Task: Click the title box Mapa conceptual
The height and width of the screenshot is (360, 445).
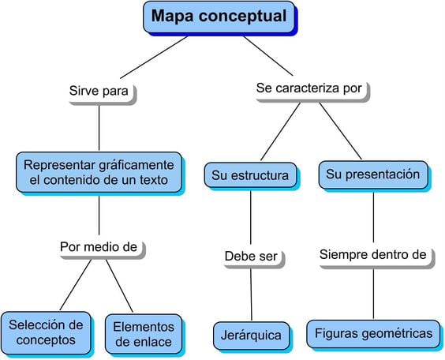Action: pos(219,16)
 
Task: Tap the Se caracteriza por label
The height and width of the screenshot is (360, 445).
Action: pos(309,89)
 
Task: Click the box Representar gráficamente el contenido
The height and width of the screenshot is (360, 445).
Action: pos(98,173)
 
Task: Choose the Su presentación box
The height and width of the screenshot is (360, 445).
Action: pos(372,174)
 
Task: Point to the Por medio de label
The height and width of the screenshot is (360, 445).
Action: pos(99,247)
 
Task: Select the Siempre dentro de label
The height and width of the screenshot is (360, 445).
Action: pos(372,254)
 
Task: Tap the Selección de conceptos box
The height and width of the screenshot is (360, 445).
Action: pos(47,332)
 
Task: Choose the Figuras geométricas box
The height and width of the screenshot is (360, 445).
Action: pos(373,333)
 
